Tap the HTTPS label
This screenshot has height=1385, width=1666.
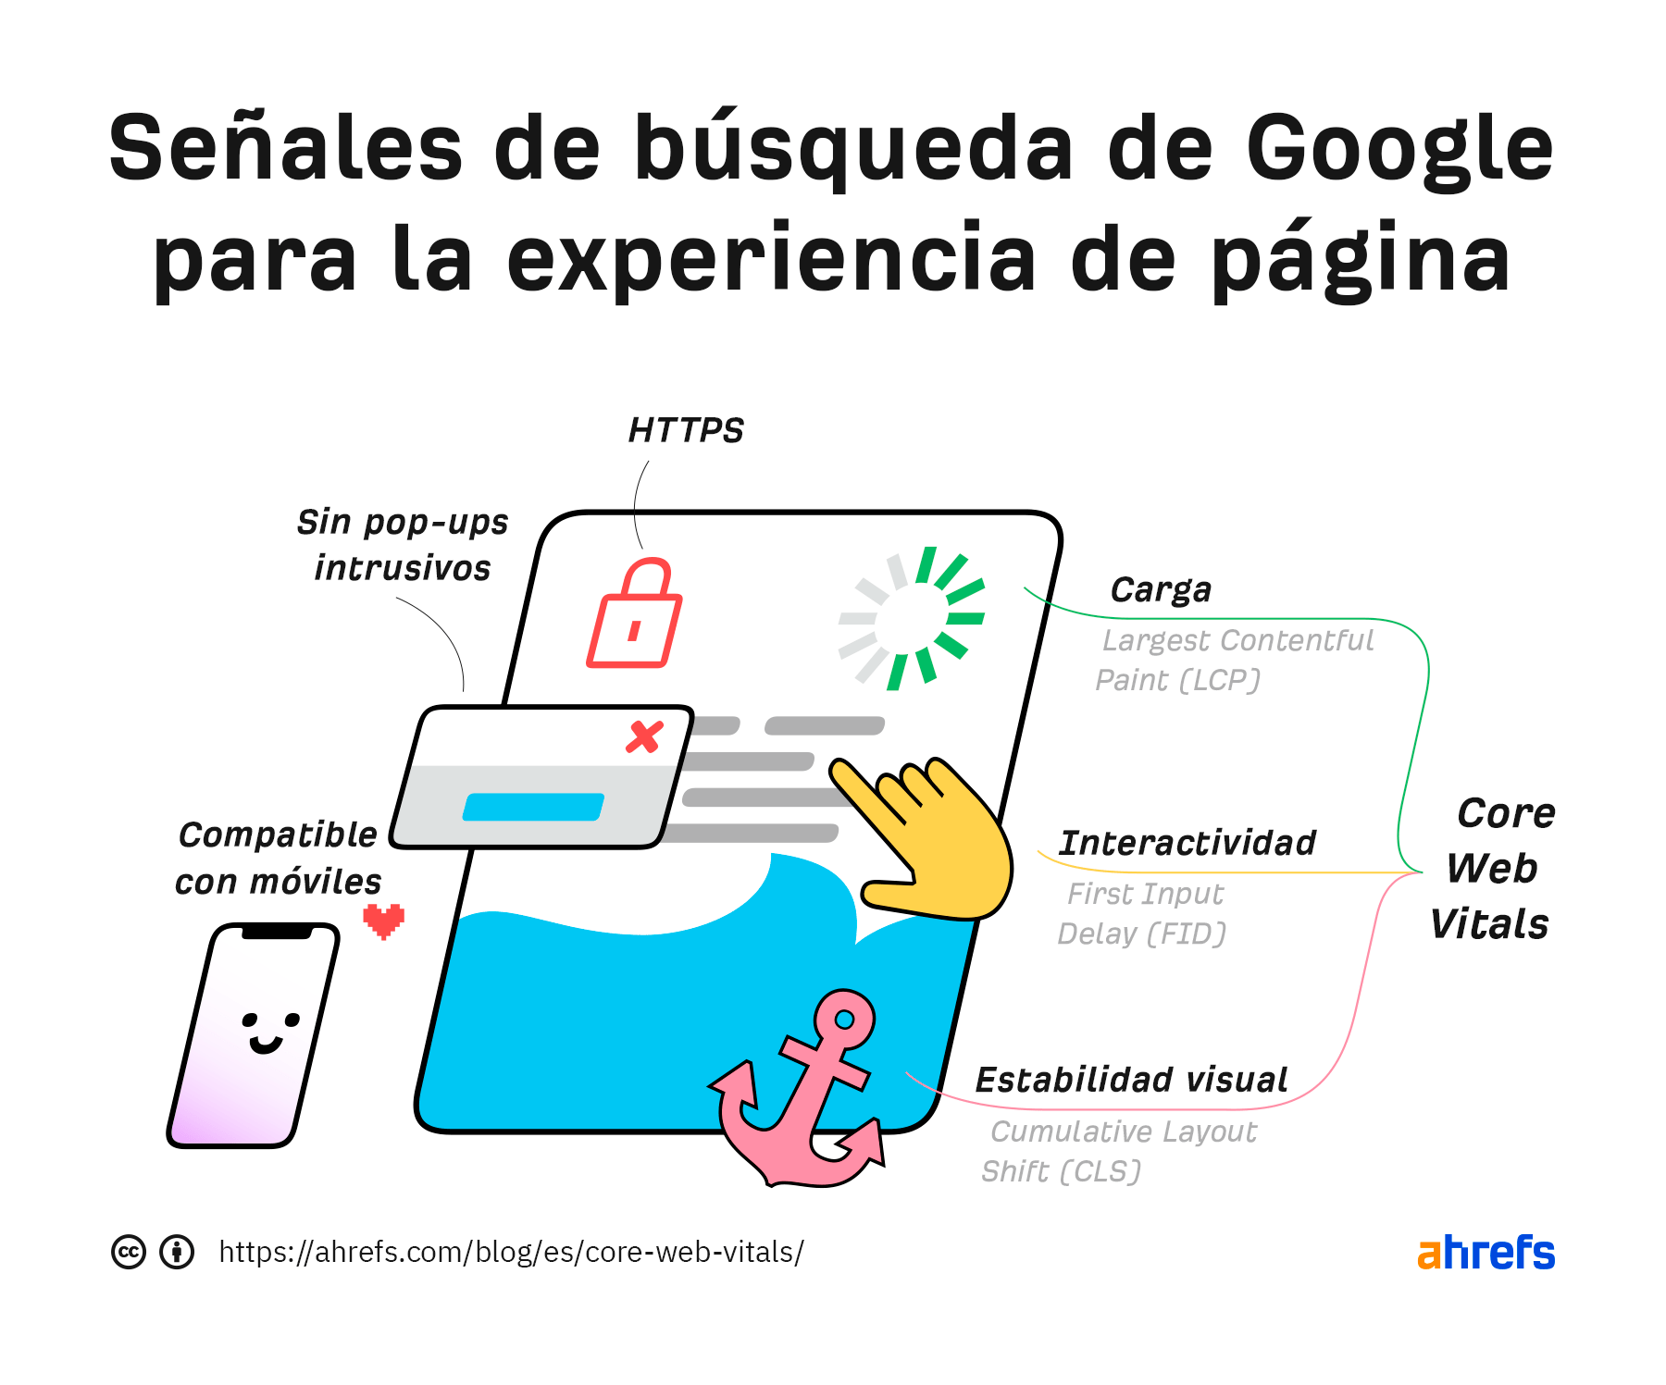pyautogui.click(x=686, y=431)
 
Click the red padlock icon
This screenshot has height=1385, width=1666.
pyautogui.click(x=635, y=615)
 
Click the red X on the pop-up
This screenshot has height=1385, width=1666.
pyautogui.click(x=644, y=737)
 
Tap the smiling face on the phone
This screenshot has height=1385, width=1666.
pyautogui.click(x=268, y=1032)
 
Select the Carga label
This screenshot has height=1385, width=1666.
pyautogui.click(x=1161, y=590)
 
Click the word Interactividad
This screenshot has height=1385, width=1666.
pyautogui.click(x=1187, y=844)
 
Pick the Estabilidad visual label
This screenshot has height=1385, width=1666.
pyautogui.click(x=1131, y=1081)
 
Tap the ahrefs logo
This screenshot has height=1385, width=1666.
pyautogui.click(x=1486, y=1254)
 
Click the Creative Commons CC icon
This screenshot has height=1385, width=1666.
pyautogui.click(x=129, y=1253)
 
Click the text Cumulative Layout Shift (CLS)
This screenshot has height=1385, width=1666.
pyautogui.click(x=1120, y=1152)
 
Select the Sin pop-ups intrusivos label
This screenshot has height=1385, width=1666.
pyautogui.click(x=403, y=545)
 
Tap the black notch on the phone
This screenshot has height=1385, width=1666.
pyautogui.click(x=276, y=933)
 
